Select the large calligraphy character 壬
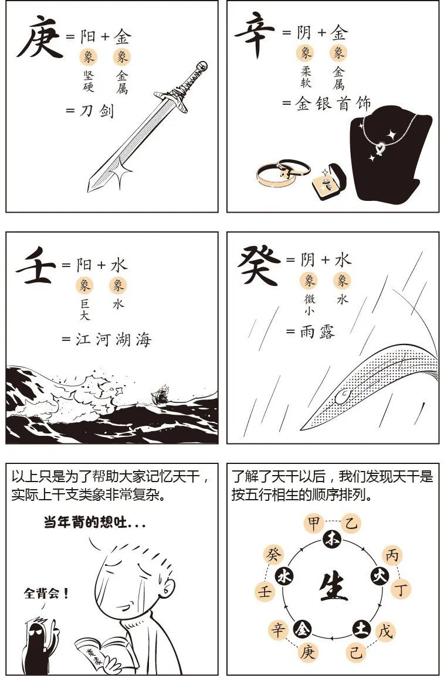(x=35, y=269)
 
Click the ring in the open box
(x=328, y=183)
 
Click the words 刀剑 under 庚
(x=97, y=110)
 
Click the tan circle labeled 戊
(x=385, y=631)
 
